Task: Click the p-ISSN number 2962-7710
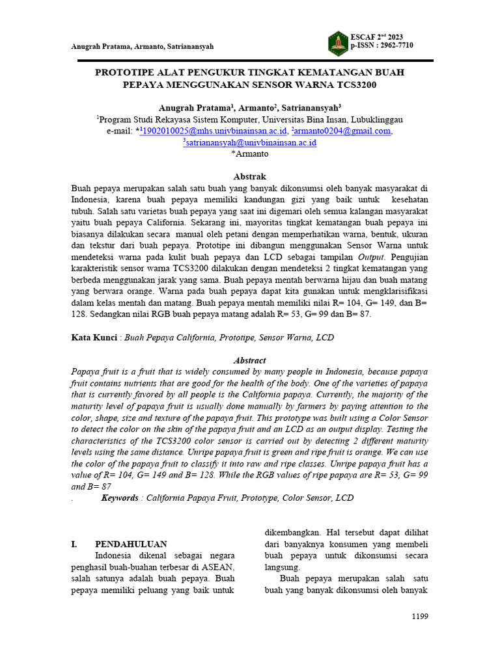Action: [x=392, y=46]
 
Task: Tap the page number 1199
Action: [x=419, y=617]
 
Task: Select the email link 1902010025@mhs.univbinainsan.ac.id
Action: [x=214, y=131]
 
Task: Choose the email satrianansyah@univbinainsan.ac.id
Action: [x=251, y=142]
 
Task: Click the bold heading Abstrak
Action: [x=249, y=177]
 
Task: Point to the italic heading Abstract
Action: [x=249, y=360]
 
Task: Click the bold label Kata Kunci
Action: [x=94, y=338]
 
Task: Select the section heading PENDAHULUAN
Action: [x=131, y=544]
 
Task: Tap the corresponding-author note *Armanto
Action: [x=249, y=154]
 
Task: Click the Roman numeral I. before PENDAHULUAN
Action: [x=75, y=544]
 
